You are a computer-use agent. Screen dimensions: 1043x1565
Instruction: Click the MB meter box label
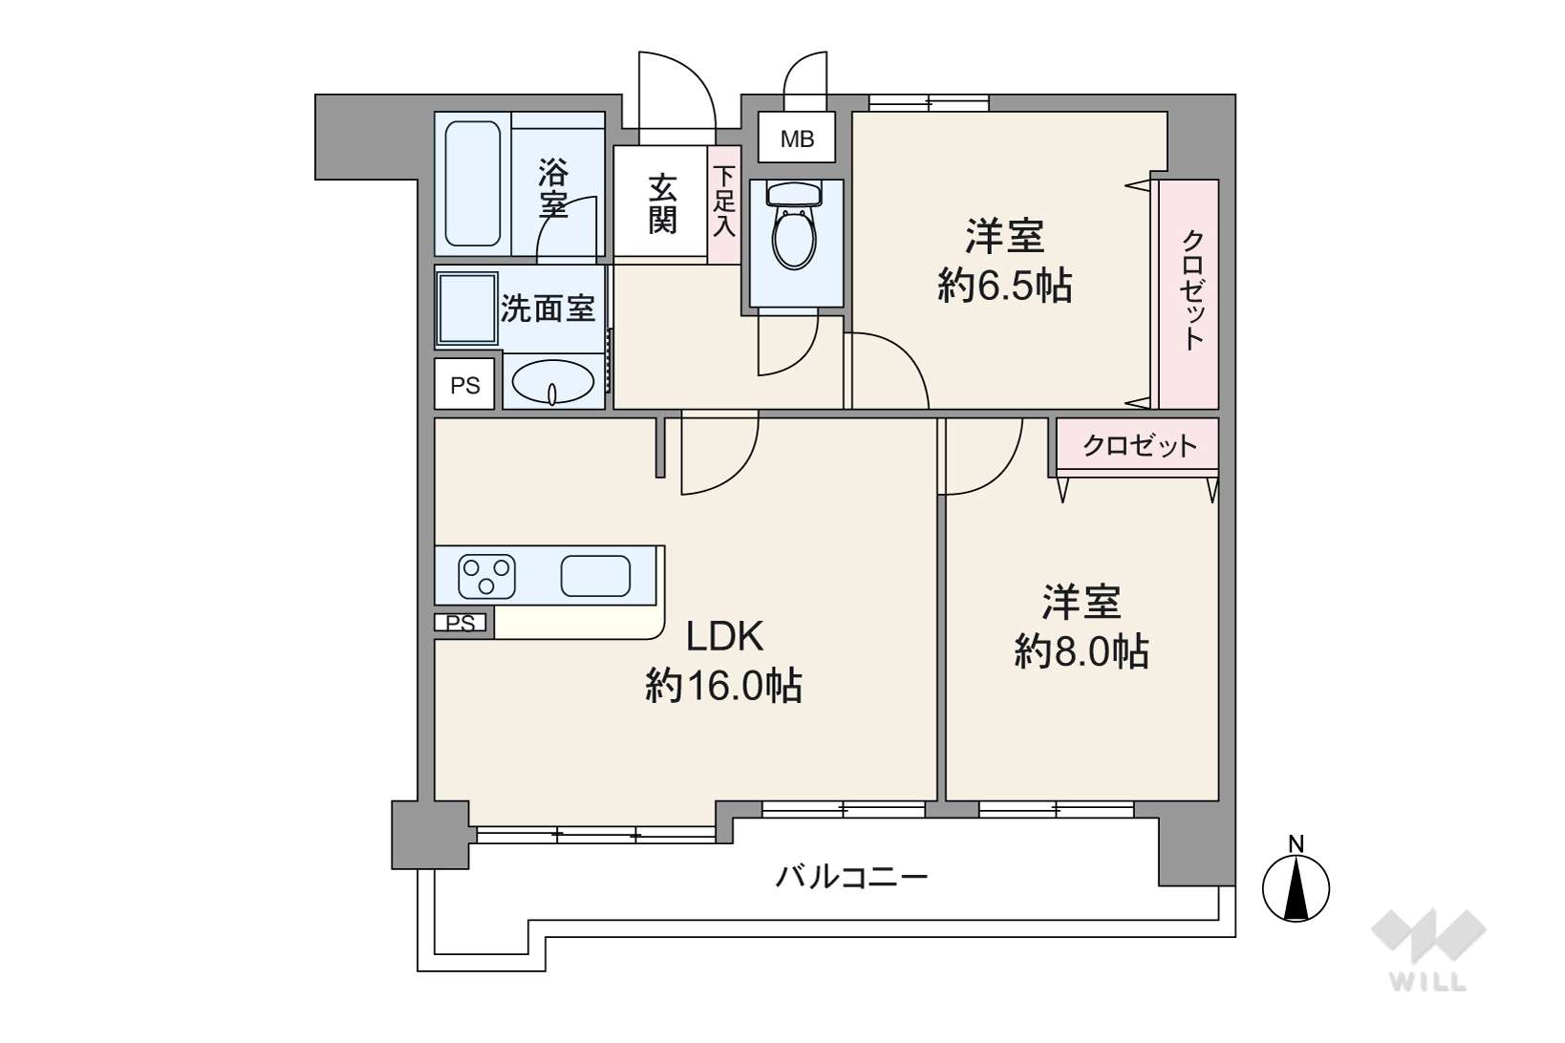click(797, 138)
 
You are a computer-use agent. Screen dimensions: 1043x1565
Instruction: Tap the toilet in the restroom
click(795, 229)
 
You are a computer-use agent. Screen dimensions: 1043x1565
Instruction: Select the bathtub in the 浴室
click(473, 183)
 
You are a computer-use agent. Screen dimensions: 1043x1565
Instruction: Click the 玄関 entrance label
click(662, 203)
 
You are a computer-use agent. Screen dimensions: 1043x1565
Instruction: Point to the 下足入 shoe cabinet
click(725, 203)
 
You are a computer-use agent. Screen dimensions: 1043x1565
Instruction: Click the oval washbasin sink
click(553, 384)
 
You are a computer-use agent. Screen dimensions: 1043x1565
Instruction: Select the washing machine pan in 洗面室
click(467, 308)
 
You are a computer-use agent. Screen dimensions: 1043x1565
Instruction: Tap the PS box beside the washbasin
click(465, 385)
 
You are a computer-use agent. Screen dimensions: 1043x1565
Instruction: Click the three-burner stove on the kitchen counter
click(486, 576)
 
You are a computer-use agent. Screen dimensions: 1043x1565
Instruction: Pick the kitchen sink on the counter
click(595, 576)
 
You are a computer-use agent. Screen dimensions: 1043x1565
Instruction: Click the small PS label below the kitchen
click(461, 623)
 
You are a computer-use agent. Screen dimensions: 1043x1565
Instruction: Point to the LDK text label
click(723, 635)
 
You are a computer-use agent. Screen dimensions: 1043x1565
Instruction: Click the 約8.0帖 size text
click(1081, 652)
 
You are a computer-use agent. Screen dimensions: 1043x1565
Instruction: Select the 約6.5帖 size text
click(1005, 286)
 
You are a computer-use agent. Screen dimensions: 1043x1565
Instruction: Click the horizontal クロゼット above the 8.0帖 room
click(1138, 445)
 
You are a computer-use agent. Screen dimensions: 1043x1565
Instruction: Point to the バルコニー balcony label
click(851, 876)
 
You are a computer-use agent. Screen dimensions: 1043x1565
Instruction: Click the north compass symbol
click(1296, 886)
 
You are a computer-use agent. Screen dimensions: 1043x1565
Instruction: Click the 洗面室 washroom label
click(547, 309)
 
